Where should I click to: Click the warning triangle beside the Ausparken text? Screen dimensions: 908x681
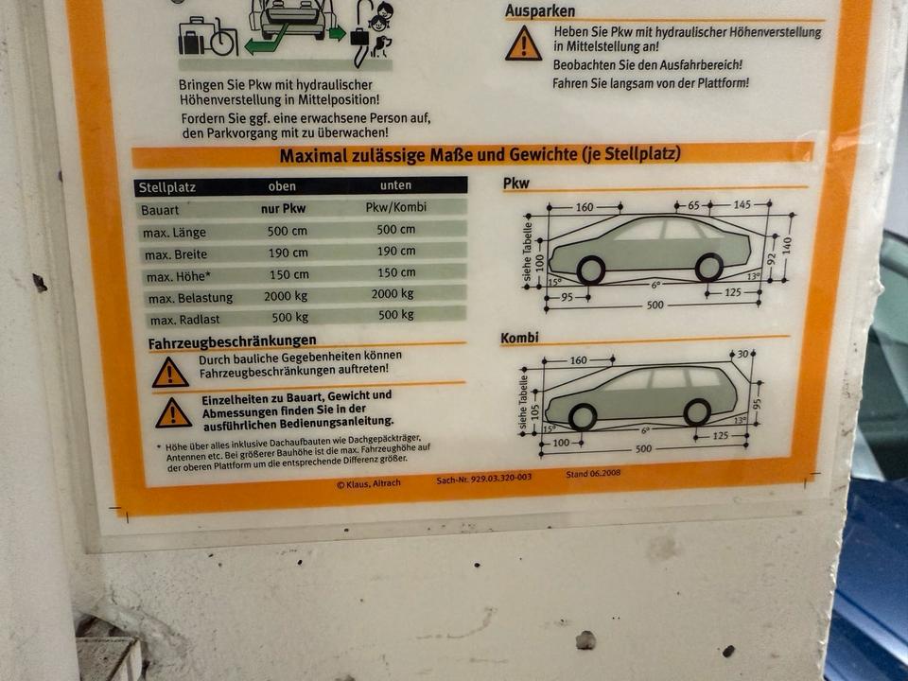point(523,44)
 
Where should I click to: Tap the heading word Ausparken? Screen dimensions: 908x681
point(540,10)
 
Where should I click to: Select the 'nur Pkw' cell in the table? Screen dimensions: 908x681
point(283,208)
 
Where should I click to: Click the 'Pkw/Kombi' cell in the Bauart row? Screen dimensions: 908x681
point(396,207)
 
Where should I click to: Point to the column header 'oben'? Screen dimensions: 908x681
point(282,186)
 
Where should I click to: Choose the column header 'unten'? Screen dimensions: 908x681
point(396,185)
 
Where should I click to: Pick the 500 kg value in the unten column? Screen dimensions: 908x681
point(396,315)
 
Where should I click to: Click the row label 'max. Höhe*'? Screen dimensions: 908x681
point(176,277)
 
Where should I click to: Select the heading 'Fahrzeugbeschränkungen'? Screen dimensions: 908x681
point(233,342)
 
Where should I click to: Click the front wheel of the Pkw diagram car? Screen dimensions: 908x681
point(590,270)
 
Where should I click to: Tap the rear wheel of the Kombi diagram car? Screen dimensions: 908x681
point(697,412)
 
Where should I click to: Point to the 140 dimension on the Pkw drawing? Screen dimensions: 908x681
point(786,246)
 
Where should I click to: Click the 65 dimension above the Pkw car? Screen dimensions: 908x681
point(693,205)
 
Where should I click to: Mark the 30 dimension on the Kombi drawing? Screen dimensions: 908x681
point(743,354)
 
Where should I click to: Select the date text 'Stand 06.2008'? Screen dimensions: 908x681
point(593,474)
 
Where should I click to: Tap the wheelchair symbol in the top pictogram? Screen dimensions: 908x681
point(222,40)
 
